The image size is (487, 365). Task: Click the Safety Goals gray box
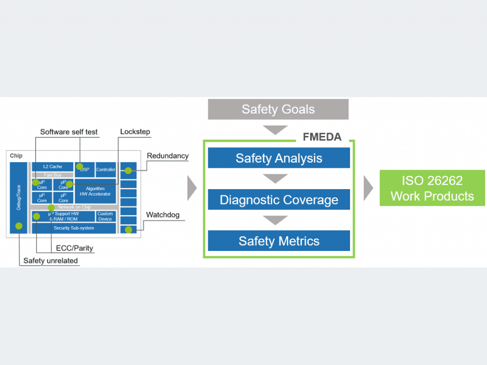click(278, 109)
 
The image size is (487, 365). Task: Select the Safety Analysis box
click(279, 158)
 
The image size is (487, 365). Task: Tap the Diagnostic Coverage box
click(279, 200)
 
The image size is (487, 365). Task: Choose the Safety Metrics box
click(279, 241)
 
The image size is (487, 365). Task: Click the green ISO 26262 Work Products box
click(432, 188)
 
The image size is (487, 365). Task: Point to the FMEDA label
click(322, 137)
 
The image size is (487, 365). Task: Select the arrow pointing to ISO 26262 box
click(368, 188)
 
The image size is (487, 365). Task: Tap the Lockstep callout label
click(135, 132)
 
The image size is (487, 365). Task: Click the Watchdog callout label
click(163, 215)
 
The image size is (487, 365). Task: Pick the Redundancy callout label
click(167, 156)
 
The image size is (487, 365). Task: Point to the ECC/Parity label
click(75, 248)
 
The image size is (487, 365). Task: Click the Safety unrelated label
click(50, 261)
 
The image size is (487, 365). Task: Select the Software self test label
click(68, 132)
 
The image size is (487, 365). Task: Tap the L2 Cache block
click(52, 167)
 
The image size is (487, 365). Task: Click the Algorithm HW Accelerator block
click(95, 192)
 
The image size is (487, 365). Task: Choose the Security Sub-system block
click(74, 228)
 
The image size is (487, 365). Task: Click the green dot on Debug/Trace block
click(19, 226)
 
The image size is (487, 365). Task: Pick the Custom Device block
click(105, 216)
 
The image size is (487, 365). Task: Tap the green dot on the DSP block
click(80, 166)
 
